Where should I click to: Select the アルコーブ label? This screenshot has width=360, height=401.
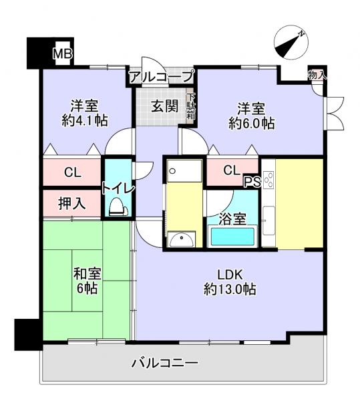pyautogui.click(x=161, y=77)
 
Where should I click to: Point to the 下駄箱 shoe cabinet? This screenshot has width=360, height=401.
pyautogui.click(x=190, y=106)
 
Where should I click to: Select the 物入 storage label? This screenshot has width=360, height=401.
pyautogui.click(x=317, y=76)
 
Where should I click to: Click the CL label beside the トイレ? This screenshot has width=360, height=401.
pyautogui.click(x=72, y=172)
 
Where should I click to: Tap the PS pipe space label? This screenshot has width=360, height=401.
pyautogui.click(x=252, y=182)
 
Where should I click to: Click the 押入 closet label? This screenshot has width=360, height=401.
pyautogui.click(x=72, y=204)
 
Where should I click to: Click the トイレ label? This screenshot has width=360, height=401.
pyautogui.click(x=118, y=188)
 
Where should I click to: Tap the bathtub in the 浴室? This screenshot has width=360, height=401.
pyautogui.click(x=232, y=237)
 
